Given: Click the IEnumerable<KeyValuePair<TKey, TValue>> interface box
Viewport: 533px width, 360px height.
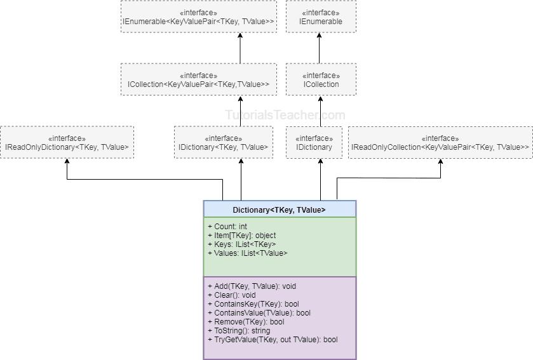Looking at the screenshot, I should coord(198,17).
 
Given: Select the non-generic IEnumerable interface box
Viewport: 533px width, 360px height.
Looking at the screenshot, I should coord(320,17).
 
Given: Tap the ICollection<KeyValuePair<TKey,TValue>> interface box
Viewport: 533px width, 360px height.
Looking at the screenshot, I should coord(198,80).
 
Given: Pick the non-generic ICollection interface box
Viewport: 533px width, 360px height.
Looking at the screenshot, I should coord(320,80).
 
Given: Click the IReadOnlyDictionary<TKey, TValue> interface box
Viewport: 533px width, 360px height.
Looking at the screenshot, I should coord(67,143).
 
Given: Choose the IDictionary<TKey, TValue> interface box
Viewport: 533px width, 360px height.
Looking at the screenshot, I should coord(223,143).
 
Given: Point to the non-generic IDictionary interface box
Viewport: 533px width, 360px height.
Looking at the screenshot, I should coord(314,143).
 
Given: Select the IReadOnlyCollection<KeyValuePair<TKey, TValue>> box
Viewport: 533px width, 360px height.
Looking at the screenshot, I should coord(440,143).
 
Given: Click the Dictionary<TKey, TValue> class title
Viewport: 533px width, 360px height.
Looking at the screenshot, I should coord(279,210).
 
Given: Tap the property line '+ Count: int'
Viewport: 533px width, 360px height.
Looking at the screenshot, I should coord(227,227).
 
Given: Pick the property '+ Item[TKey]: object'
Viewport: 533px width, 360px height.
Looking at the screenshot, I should coord(241,236).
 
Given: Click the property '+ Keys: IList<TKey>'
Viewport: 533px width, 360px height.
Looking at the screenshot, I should coord(241,244).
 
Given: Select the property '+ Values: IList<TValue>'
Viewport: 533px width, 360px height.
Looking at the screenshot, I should coord(247,253).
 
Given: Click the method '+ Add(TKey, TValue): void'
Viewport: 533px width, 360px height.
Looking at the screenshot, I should coord(252,286).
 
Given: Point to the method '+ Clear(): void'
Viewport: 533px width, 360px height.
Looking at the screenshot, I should coord(231,295).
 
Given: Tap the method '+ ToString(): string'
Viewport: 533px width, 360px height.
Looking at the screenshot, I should coord(238,331).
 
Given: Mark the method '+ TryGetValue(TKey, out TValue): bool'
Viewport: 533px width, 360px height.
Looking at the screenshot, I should coord(273,340).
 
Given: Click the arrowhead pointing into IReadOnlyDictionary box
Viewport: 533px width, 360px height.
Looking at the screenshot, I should coord(67,162).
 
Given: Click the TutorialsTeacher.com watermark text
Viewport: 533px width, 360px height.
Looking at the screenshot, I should coord(285,115).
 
